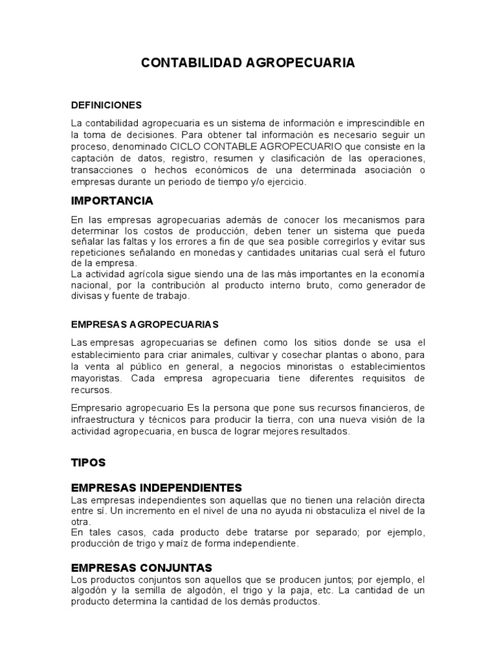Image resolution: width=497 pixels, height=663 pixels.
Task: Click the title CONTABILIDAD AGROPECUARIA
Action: click(248, 63)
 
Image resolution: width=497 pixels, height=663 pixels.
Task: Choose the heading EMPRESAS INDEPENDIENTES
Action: click(156, 487)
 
